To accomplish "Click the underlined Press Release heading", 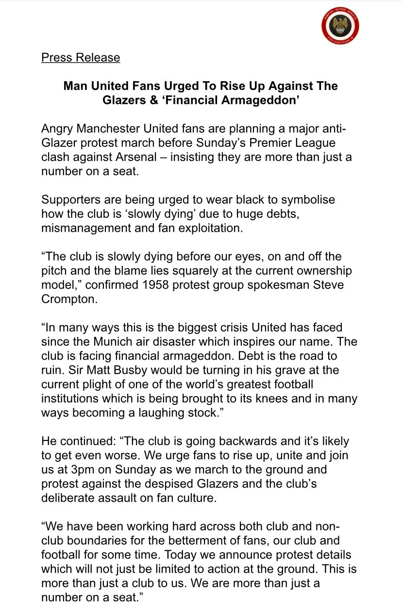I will [x=81, y=57].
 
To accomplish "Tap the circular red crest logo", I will [x=340, y=25].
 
